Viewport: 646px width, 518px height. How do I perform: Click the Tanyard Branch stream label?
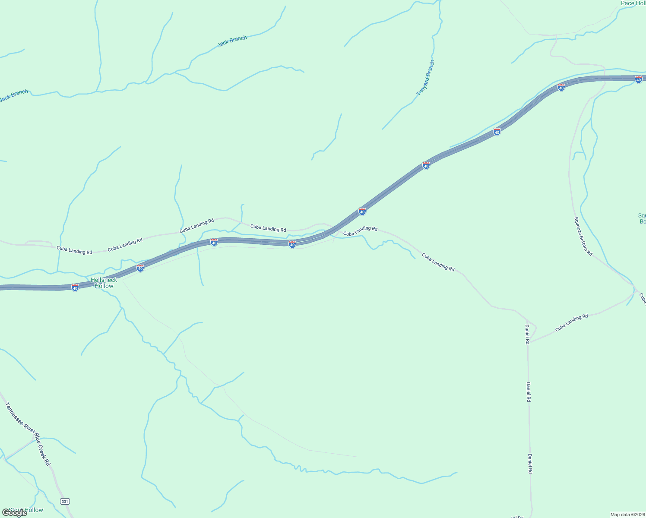(x=426, y=78)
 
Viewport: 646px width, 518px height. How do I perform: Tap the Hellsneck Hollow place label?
(x=104, y=283)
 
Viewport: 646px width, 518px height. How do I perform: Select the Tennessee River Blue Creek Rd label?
(x=28, y=433)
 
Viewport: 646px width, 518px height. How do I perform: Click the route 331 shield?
(x=65, y=501)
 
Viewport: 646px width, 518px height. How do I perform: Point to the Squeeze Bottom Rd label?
(x=583, y=236)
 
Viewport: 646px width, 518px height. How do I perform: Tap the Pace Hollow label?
(x=633, y=3)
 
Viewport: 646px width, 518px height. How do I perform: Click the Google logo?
(x=15, y=512)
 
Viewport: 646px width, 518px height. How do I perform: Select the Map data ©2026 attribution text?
(x=627, y=515)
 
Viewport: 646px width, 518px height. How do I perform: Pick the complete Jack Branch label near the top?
(x=232, y=41)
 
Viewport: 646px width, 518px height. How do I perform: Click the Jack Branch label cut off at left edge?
(x=14, y=95)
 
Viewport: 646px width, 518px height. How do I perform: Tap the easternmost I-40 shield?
(x=638, y=79)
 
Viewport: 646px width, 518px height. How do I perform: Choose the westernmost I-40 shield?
(x=75, y=287)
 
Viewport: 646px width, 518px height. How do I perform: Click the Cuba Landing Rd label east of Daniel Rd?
(x=571, y=322)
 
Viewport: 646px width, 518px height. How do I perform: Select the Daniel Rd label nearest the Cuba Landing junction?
(x=527, y=334)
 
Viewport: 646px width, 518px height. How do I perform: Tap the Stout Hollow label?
(x=26, y=510)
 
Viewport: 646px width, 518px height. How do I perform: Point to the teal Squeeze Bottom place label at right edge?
(x=642, y=218)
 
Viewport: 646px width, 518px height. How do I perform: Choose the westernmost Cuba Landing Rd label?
(x=74, y=250)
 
